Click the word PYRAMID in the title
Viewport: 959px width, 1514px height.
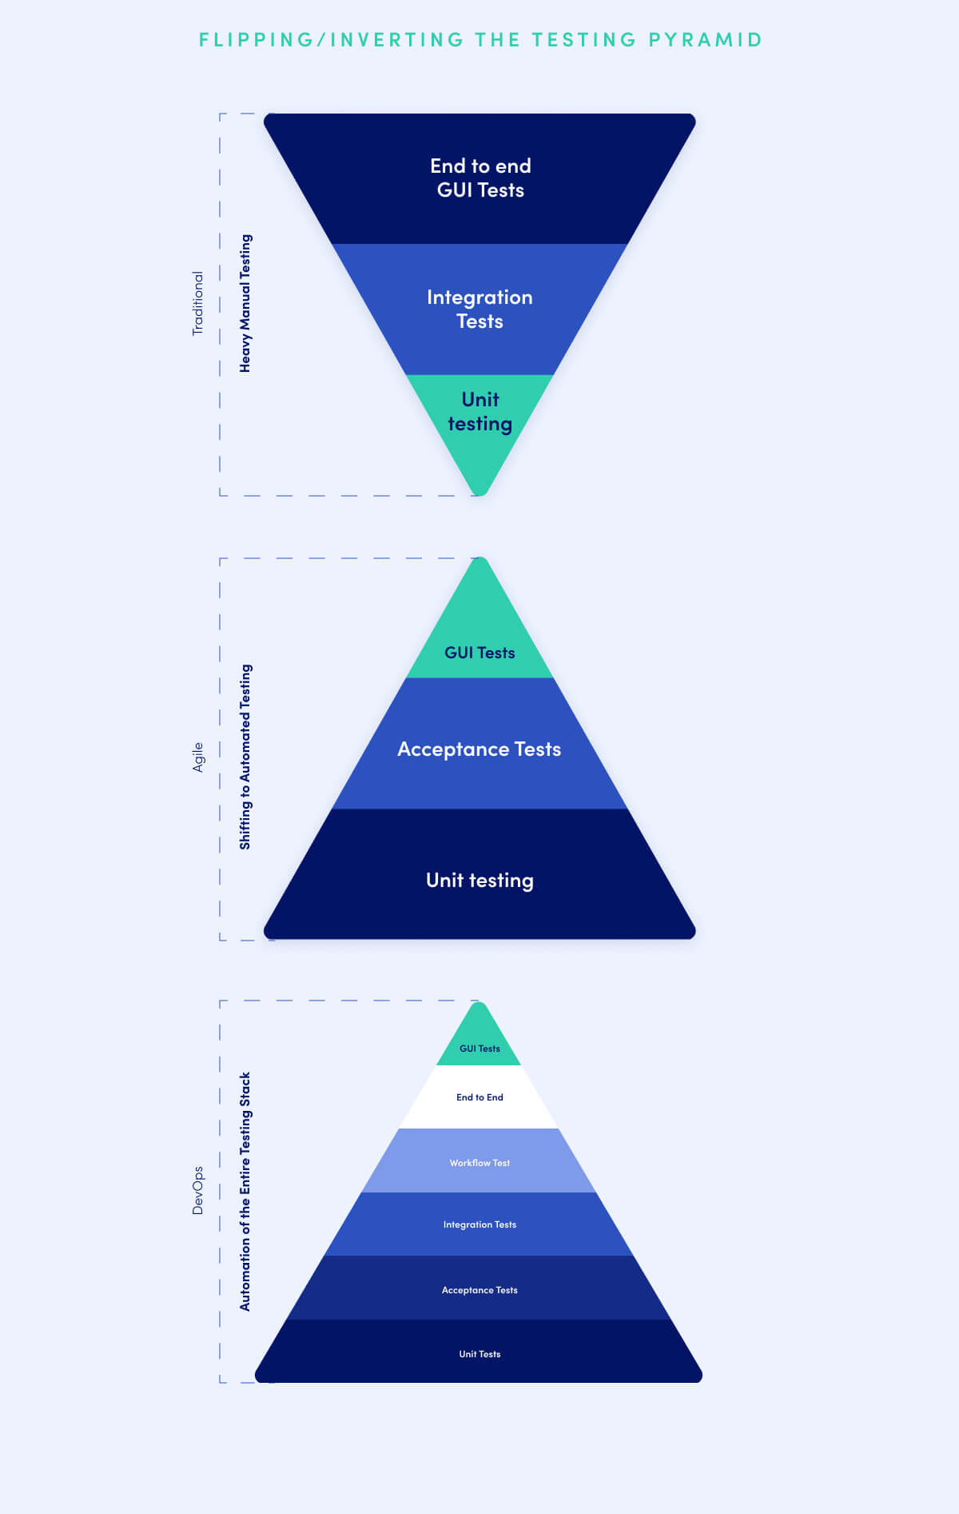pos(705,39)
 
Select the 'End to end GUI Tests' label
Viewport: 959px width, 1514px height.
pos(480,178)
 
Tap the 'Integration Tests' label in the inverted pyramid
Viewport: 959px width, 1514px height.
pos(479,309)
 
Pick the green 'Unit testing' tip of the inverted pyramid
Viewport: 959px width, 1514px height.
pos(479,412)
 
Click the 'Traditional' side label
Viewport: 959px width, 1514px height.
pos(197,303)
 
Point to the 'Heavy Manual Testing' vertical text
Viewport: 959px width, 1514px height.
pos(245,303)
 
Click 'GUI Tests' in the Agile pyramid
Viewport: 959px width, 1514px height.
pos(479,653)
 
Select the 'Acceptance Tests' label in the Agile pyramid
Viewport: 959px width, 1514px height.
pos(479,749)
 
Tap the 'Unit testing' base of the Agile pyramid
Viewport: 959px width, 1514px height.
pos(479,881)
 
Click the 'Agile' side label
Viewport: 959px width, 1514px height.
pos(197,757)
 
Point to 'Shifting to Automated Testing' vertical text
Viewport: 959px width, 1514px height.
pos(245,757)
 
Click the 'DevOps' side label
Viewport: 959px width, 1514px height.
pos(197,1191)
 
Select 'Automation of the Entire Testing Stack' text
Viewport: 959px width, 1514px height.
pos(245,1191)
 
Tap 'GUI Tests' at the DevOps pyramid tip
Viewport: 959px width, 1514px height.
pos(479,1048)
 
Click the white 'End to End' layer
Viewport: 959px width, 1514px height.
pos(479,1097)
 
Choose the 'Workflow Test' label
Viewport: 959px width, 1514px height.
pos(479,1163)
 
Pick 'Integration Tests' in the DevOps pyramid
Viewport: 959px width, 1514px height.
pos(479,1224)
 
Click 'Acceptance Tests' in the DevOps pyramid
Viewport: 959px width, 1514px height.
pos(479,1290)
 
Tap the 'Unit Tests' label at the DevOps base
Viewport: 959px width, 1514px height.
pos(479,1354)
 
